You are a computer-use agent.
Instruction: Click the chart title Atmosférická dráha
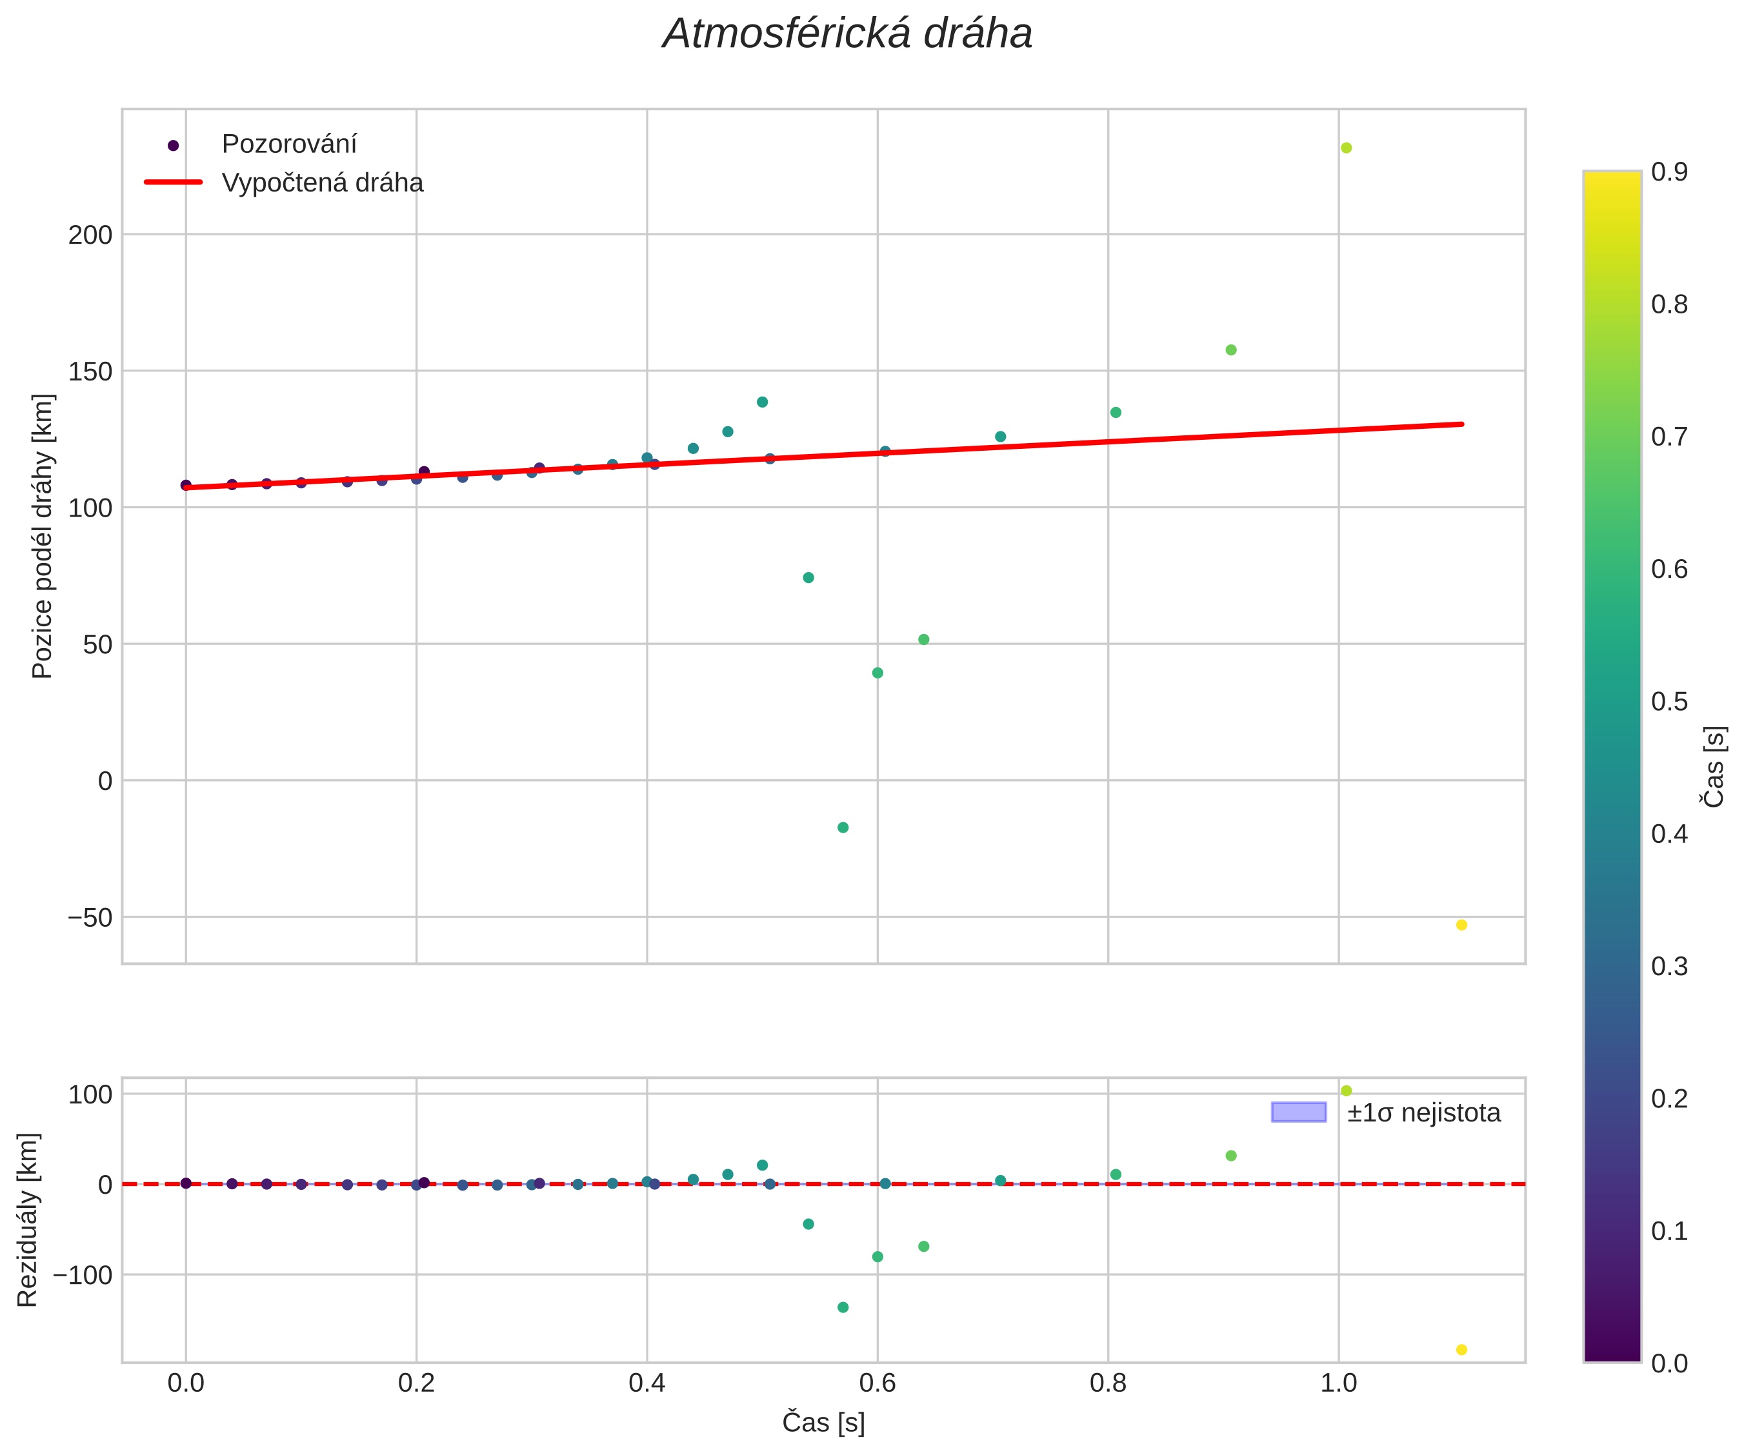847,35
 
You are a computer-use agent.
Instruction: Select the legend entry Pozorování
288,144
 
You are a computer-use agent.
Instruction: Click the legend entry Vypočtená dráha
321,183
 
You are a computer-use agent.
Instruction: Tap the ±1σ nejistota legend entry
1423,1112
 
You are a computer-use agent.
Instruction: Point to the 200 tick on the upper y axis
90,235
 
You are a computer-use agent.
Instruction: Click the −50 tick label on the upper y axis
90,918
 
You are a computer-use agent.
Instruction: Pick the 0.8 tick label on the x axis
1107,1383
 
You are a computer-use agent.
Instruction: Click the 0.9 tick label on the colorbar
1669,172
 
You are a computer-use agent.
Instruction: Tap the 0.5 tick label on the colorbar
1669,702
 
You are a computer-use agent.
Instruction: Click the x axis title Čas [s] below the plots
823,1423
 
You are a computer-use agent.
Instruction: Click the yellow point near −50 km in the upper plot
1461,925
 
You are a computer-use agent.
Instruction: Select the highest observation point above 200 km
1346,148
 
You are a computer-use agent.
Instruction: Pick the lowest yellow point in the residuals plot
1461,1350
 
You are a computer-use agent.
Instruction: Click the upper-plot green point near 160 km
1231,350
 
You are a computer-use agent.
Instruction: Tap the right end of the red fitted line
1461,424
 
